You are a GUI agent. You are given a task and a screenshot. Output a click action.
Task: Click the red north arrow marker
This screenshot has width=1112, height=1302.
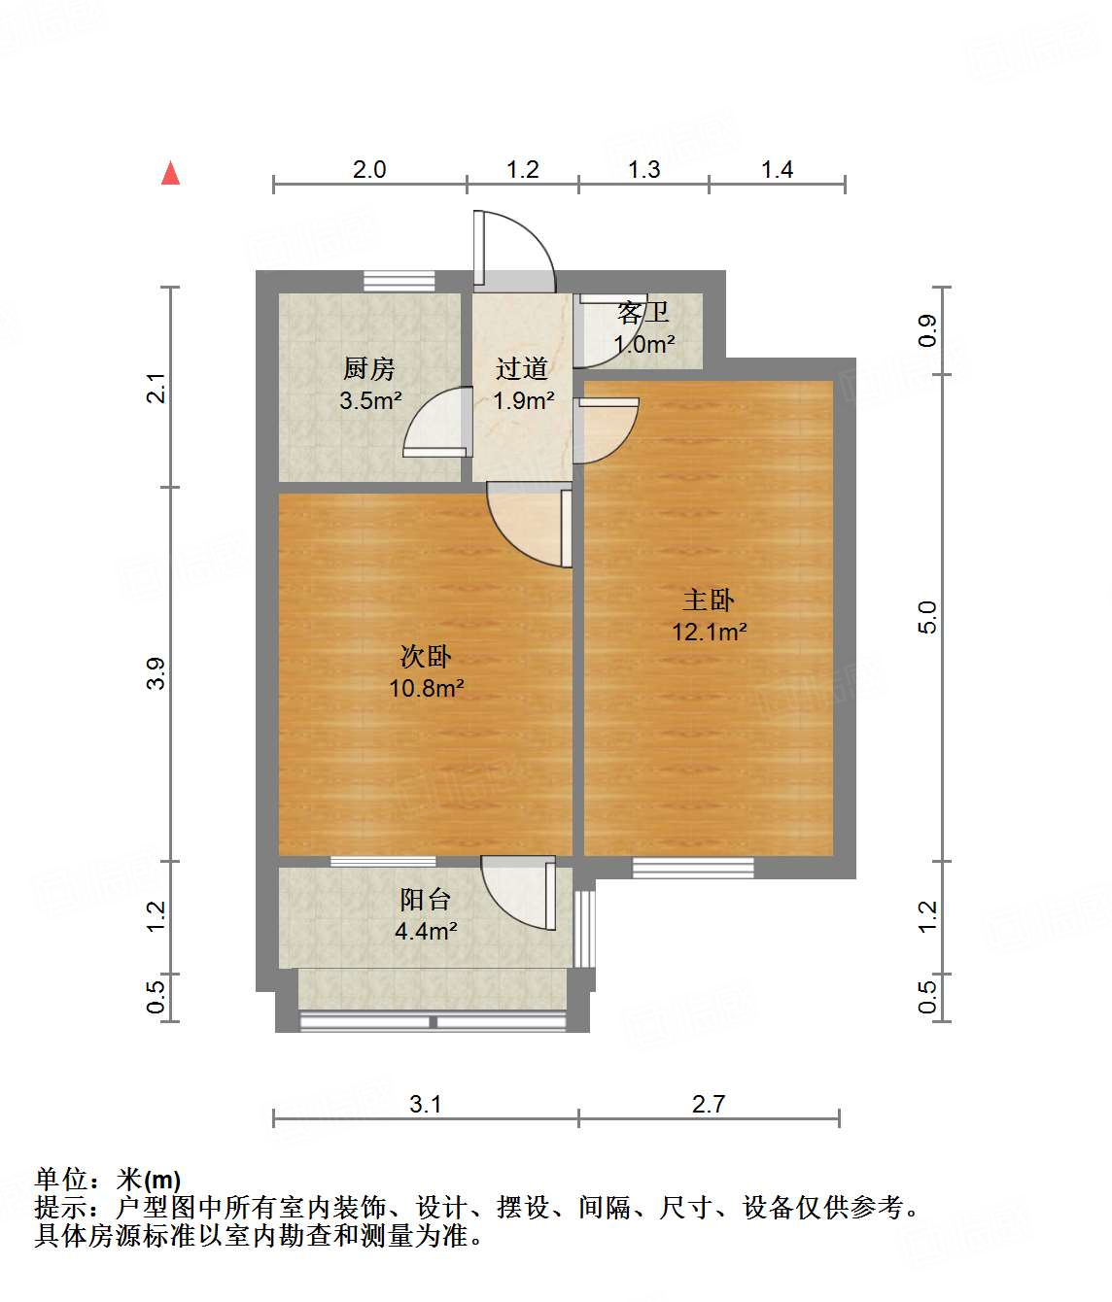pyautogui.click(x=171, y=173)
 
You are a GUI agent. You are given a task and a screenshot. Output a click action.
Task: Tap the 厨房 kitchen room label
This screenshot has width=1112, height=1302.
pyautogui.click(x=369, y=369)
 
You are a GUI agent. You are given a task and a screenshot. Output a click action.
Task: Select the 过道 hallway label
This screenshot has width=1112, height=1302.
pyautogui.click(x=522, y=369)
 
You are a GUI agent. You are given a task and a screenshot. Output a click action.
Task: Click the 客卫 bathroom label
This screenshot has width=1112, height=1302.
pyautogui.click(x=643, y=313)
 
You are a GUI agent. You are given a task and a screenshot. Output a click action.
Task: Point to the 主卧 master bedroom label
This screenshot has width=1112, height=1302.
pyautogui.click(x=709, y=600)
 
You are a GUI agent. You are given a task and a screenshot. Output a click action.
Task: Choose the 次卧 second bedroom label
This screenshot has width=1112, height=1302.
pyautogui.click(x=426, y=657)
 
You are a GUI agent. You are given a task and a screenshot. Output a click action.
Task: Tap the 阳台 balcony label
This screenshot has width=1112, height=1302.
pyautogui.click(x=426, y=900)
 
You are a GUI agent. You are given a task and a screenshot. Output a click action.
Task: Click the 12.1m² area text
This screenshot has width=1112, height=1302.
pyautogui.click(x=710, y=633)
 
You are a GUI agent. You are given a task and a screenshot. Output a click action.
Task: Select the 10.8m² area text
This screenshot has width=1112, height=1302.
pyautogui.click(x=426, y=689)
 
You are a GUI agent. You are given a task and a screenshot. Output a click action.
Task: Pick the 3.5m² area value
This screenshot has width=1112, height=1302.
pyautogui.click(x=370, y=400)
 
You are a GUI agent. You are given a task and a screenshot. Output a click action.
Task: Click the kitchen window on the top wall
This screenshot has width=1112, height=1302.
pyautogui.click(x=400, y=281)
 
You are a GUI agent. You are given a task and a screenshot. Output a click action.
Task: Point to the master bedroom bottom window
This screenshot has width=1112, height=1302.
pyautogui.click(x=693, y=868)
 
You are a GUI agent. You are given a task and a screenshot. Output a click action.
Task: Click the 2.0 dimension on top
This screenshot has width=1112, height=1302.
pyautogui.click(x=369, y=170)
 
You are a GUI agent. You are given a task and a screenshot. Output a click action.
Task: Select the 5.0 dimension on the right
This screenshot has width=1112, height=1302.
pyautogui.click(x=927, y=617)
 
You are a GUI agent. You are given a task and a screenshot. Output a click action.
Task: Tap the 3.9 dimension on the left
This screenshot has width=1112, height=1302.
pyautogui.click(x=156, y=673)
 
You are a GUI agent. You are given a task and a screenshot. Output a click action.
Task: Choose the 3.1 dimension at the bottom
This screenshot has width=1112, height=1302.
pyautogui.click(x=426, y=1105)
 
